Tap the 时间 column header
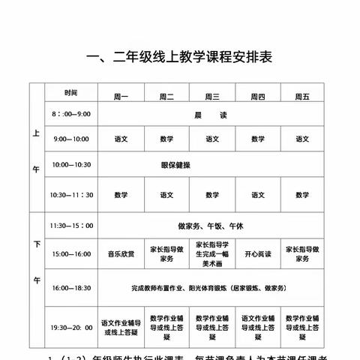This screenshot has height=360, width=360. point(70,93)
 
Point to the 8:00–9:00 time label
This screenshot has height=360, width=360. point(70,114)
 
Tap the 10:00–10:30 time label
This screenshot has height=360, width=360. point(70,165)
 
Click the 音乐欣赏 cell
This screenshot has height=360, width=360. point(121,254)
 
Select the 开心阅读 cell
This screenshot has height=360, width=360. point(257,254)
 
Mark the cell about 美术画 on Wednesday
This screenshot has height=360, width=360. point(212,254)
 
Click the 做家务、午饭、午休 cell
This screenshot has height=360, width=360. point(212,225)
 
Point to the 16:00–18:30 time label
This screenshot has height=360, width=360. point(70,287)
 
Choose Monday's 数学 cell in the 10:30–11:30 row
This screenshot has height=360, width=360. point(121,195)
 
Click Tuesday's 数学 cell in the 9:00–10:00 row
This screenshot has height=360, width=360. point(166,139)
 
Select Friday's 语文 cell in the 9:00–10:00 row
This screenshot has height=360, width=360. point(302,139)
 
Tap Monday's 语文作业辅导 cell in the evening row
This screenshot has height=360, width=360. point(121,328)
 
